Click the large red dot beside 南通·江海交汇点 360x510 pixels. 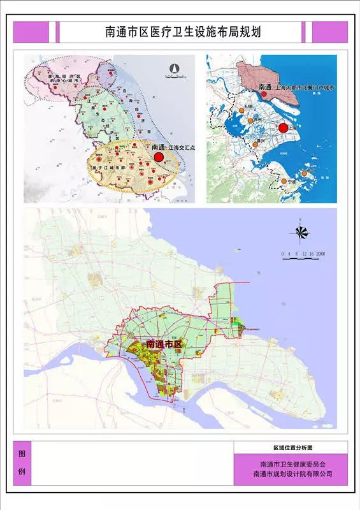click(x=159, y=156)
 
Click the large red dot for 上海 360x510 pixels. click(x=283, y=128)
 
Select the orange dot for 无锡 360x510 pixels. click(x=251, y=120)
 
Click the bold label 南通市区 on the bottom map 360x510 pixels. click(x=164, y=344)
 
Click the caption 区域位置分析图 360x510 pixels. click(x=291, y=448)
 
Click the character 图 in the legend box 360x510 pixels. click(x=22, y=455)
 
